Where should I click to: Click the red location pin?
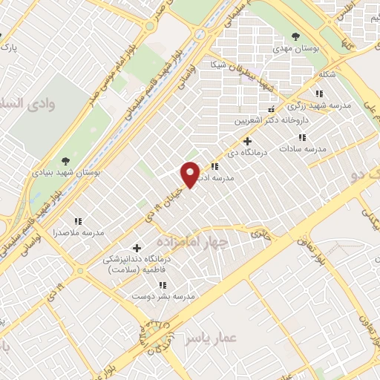[191, 174]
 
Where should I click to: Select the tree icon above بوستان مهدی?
[296, 36]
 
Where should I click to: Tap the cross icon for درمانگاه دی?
[247, 141]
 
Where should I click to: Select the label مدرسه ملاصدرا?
[78, 233]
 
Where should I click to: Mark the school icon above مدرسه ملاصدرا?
[78, 221]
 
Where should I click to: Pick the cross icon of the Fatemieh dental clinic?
[136, 248]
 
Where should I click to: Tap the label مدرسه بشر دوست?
[163, 296]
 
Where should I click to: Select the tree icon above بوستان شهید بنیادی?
[65, 160]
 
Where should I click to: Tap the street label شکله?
[325, 75]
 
